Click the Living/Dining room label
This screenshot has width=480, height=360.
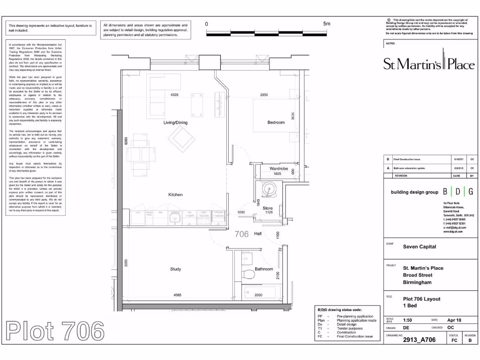[x=175, y=123]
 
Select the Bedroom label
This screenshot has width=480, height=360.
[x=276, y=123]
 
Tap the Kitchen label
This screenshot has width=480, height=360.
[x=175, y=195]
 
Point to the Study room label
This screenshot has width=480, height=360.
[x=175, y=269]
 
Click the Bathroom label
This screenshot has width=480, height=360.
[x=264, y=269]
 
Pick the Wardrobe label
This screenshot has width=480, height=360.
[x=278, y=168]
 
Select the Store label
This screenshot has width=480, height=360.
[x=268, y=208]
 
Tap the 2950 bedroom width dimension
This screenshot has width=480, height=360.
[x=264, y=95]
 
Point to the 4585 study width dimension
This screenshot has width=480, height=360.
[x=178, y=295]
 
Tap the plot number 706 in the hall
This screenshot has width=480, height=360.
[x=241, y=234]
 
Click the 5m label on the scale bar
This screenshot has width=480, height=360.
[x=327, y=24]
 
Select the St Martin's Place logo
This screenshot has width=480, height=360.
[x=428, y=63]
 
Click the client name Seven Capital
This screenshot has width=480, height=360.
[x=420, y=247]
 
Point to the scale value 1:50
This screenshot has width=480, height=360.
[x=408, y=320]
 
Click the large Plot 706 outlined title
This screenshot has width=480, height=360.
[x=55, y=332]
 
